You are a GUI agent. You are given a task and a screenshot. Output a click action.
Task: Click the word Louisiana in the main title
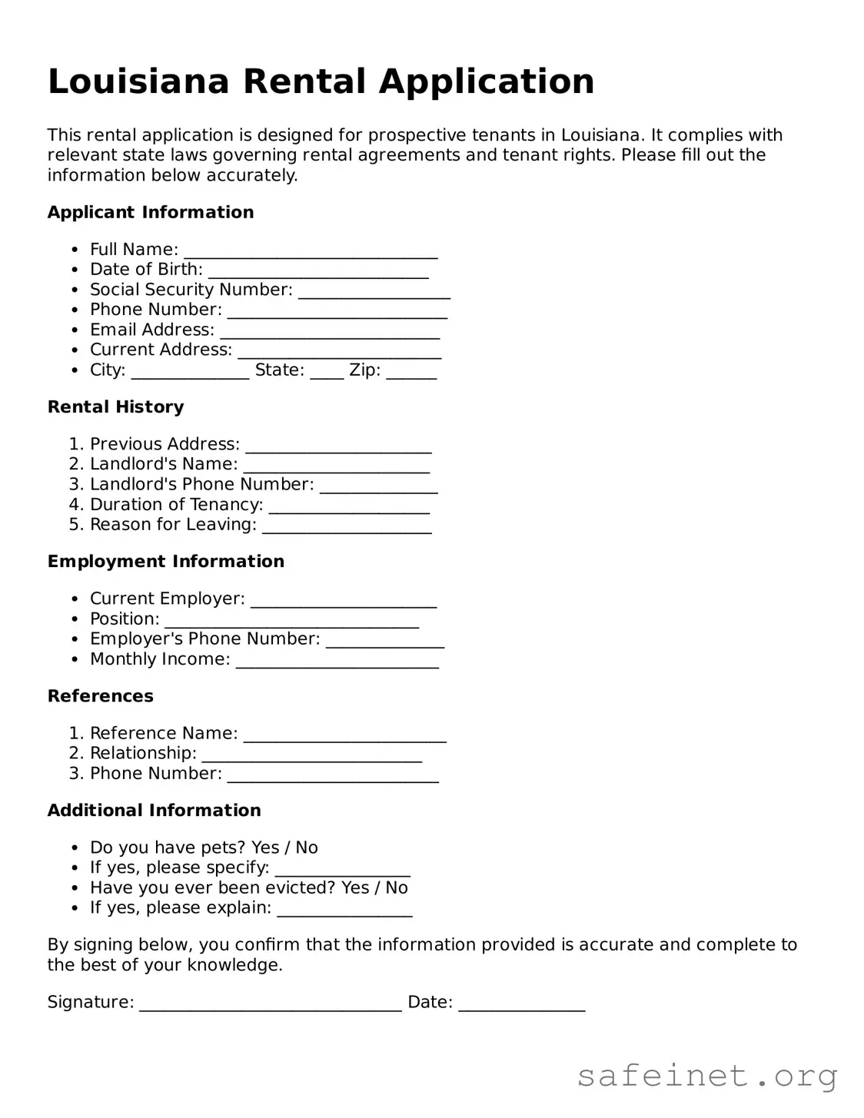(x=138, y=81)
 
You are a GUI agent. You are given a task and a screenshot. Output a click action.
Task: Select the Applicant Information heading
(x=151, y=212)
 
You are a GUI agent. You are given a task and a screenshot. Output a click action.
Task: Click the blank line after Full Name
(x=311, y=252)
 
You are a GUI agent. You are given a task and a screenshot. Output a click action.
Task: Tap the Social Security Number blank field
(x=374, y=292)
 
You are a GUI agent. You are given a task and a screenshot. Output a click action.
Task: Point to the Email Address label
(x=152, y=330)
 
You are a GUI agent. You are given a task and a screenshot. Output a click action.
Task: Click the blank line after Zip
(x=411, y=373)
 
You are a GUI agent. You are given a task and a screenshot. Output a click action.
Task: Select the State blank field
(x=327, y=373)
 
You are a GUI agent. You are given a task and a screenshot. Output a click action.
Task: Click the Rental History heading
(x=115, y=407)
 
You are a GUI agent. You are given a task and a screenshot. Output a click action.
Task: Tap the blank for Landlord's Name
(x=337, y=467)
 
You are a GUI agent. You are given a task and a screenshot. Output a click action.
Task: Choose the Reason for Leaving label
(x=173, y=525)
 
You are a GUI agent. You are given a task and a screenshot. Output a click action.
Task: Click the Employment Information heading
(x=166, y=562)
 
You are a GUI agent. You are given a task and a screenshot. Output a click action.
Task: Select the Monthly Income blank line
(x=337, y=662)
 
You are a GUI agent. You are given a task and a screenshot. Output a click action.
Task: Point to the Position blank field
(x=292, y=622)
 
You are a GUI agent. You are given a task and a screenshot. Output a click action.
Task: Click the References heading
(x=101, y=696)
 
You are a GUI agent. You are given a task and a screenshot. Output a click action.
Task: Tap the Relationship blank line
(x=311, y=756)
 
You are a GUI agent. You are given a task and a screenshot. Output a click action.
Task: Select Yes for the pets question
(x=265, y=848)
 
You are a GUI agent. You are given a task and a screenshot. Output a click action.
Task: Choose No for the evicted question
(x=397, y=888)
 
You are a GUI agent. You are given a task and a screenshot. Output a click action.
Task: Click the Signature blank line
(x=270, y=1005)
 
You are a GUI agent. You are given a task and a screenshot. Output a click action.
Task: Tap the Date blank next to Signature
(x=522, y=1005)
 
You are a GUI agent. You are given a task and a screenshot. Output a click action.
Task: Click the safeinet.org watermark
(x=707, y=1076)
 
